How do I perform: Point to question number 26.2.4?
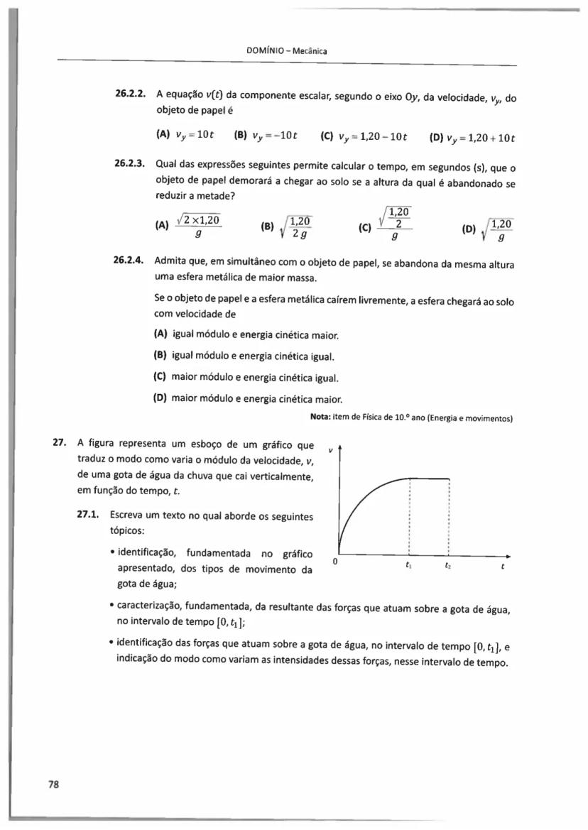click(130, 263)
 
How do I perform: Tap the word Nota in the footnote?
click(322, 417)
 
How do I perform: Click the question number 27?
click(59, 445)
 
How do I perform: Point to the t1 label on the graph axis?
click(408, 567)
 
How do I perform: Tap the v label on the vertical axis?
click(330, 449)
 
